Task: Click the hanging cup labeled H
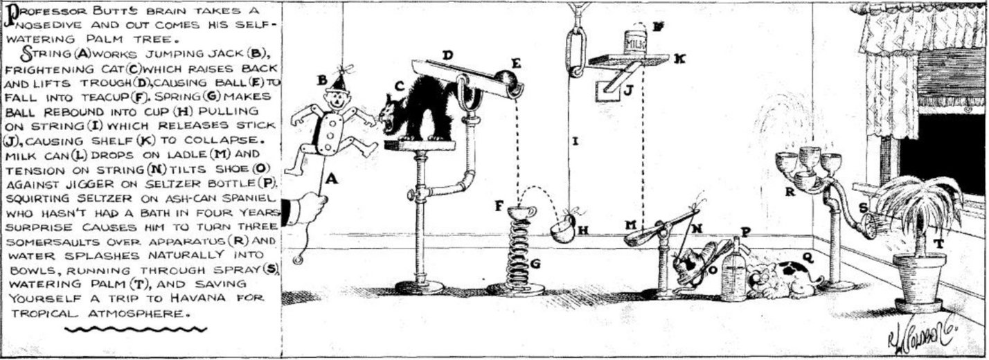[x=565, y=228]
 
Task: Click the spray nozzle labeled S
[x=868, y=224]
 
